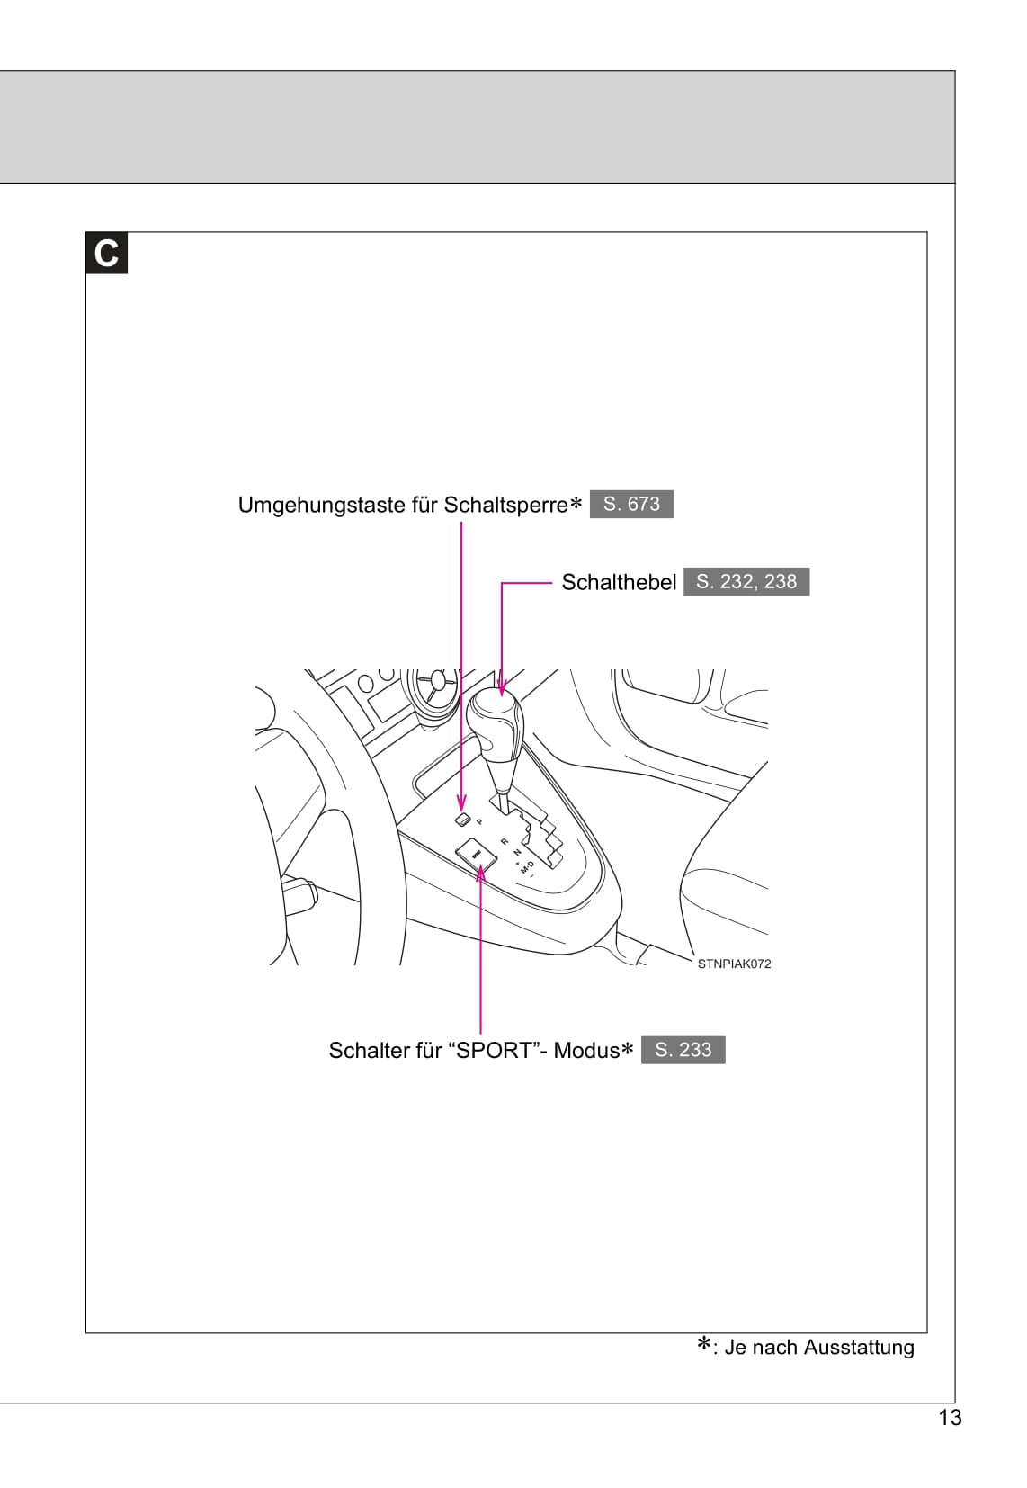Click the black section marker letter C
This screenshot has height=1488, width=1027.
(106, 253)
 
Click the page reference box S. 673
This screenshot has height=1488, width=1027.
(631, 504)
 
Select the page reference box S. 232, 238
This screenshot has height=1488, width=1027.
(746, 581)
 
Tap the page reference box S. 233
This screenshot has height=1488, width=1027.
(683, 1049)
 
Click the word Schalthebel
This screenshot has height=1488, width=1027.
(619, 582)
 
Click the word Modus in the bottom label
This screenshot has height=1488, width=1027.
(586, 1050)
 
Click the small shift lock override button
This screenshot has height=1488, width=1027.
(462, 819)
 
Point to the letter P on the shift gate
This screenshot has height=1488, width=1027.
(479, 821)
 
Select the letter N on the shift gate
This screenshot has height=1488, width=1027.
(516, 851)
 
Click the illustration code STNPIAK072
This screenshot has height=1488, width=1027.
(734, 964)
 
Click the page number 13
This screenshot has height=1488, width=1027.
(950, 1418)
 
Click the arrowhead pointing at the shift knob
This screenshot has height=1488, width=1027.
(501, 685)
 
